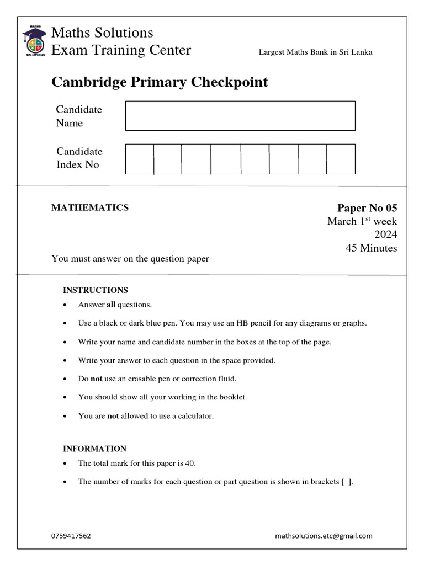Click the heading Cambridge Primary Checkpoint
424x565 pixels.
(x=160, y=82)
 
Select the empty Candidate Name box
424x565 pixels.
(x=240, y=116)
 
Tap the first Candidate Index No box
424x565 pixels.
(x=139, y=159)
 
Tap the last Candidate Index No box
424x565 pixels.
(x=341, y=159)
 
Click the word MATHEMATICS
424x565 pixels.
(x=90, y=207)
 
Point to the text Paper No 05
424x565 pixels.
(x=367, y=208)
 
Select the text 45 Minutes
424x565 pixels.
(x=371, y=248)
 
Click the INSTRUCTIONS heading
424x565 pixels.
(x=96, y=290)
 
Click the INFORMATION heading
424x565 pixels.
(x=94, y=449)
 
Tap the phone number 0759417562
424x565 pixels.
(x=71, y=536)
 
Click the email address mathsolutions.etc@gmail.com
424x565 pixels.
(x=324, y=536)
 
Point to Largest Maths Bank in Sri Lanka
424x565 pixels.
(x=315, y=52)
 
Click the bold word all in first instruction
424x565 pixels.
(x=110, y=305)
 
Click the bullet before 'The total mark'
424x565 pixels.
(x=66, y=464)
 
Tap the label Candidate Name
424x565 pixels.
(x=79, y=116)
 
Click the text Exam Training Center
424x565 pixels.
(x=121, y=50)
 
